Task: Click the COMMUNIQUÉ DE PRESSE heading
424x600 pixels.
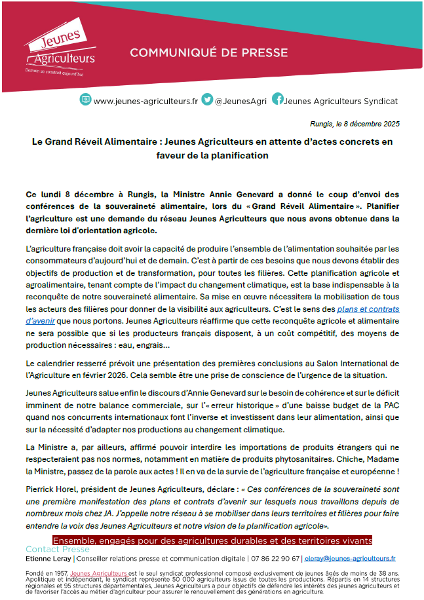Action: click(x=208, y=52)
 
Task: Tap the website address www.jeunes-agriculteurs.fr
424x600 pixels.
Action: click(x=145, y=102)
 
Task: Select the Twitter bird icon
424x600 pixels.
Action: click(x=208, y=100)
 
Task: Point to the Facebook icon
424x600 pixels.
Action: click(x=277, y=100)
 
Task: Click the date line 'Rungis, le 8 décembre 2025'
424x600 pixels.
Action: click(x=355, y=123)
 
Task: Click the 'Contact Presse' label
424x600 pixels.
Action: click(x=57, y=550)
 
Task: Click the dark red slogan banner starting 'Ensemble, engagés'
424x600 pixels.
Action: click(x=212, y=540)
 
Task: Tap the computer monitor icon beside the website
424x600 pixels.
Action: click(x=85, y=100)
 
